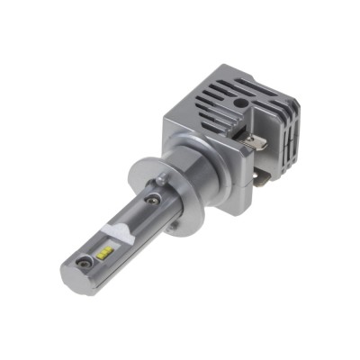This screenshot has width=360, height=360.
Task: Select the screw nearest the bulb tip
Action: [x=84, y=263]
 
